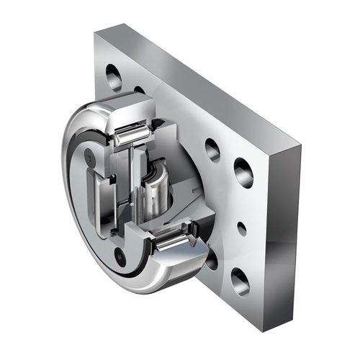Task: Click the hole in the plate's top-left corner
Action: tap(113, 76)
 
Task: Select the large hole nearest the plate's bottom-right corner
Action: tap(240, 281)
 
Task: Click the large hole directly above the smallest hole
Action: tap(243, 173)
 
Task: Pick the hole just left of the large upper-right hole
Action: tap(212, 149)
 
